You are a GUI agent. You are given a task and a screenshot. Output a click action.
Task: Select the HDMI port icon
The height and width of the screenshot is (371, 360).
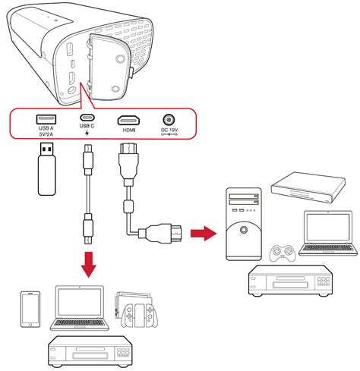128,120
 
